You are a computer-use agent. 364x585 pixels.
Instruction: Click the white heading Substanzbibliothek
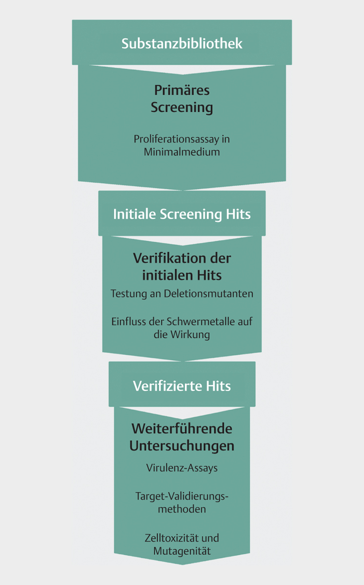click(x=182, y=43)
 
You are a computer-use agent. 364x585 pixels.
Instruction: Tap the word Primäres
click(x=182, y=90)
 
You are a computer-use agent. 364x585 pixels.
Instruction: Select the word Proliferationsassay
click(x=176, y=139)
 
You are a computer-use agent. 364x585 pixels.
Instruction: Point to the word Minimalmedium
click(x=182, y=152)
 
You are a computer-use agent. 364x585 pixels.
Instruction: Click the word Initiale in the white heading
click(x=135, y=214)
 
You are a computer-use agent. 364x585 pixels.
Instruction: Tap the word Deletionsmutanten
click(x=208, y=293)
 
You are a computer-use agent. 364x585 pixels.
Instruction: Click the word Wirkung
click(x=190, y=335)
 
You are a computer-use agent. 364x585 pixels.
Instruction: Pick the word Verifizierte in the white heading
click(x=167, y=386)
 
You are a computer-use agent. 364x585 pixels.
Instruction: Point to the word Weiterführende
click(x=182, y=429)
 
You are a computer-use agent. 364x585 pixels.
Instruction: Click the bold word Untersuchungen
click(x=182, y=446)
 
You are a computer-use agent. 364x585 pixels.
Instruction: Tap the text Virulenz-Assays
click(x=182, y=468)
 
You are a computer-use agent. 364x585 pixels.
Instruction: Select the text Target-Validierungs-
click(x=182, y=496)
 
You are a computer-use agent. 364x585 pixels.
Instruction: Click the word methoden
click(x=182, y=509)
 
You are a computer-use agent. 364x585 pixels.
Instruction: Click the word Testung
click(x=128, y=294)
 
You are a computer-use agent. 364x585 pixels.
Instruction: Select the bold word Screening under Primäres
click(x=182, y=108)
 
